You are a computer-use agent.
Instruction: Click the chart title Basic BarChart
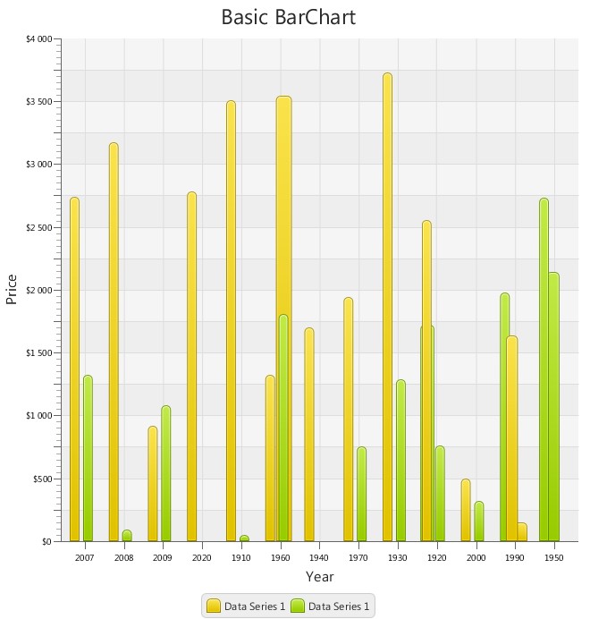coord(288,17)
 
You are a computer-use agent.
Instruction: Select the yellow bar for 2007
coord(74,369)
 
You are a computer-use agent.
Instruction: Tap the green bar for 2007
coord(88,458)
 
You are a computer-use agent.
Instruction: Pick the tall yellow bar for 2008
coord(114,342)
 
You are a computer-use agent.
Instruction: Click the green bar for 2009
coord(165,473)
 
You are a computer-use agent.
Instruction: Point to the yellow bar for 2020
coord(191,366)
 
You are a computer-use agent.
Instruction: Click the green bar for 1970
coord(361,494)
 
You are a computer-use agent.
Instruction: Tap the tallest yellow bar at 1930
coord(387,307)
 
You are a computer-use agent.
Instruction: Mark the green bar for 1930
coord(400,460)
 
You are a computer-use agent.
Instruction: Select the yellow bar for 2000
coord(466,510)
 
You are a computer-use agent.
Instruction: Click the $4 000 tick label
coord(38,39)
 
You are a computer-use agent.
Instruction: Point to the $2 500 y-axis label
coord(38,227)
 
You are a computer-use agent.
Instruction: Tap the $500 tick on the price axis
coord(41,479)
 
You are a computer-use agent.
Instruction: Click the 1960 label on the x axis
coord(280,557)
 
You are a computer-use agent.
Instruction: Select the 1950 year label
coord(553,557)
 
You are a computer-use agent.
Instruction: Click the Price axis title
coord(12,289)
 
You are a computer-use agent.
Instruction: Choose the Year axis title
coord(319,577)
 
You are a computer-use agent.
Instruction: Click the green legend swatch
coord(298,606)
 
